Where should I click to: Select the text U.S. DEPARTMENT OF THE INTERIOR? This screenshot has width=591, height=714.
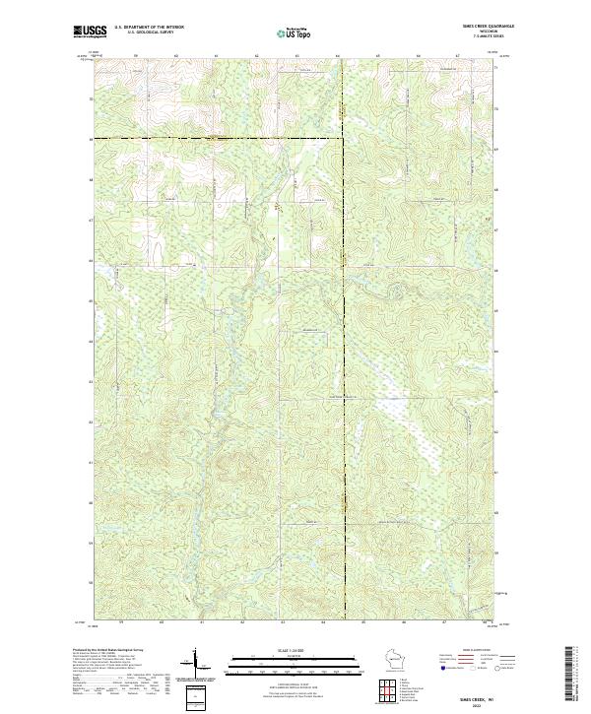tap(149, 28)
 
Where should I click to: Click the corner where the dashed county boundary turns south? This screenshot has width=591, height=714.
tap(344, 139)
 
